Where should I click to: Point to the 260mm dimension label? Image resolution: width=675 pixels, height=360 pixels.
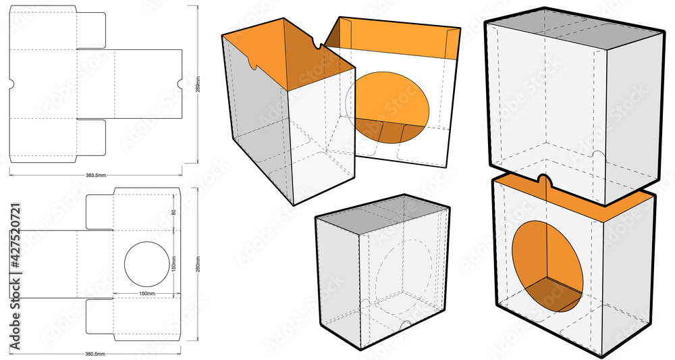pos(198,265)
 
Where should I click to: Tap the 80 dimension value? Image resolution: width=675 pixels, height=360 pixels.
pos(173,211)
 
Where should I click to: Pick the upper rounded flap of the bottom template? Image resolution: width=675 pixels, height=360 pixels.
pos(101,211)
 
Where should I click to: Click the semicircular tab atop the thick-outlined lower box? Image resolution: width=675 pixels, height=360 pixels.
pos(545,180)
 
